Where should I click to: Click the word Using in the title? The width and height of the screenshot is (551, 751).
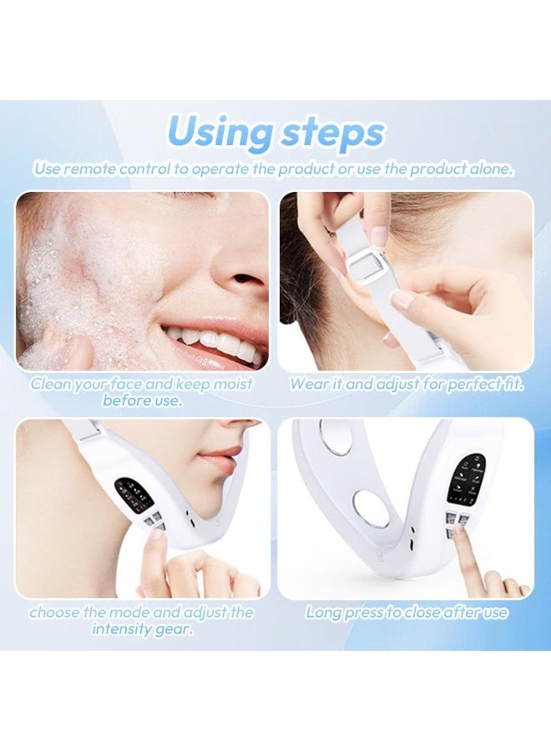(x=220, y=132)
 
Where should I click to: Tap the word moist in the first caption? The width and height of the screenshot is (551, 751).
(x=232, y=384)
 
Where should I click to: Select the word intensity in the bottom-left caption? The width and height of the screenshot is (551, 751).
(x=122, y=628)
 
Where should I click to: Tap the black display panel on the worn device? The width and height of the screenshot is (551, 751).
(x=134, y=493)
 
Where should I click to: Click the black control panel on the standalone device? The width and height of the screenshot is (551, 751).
(x=466, y=478)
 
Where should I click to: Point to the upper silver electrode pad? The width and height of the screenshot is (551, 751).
(x=338, y=436)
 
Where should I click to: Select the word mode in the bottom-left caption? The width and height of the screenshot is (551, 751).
(x=127, y=612)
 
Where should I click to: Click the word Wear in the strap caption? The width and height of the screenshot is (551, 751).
(x=307, y=384)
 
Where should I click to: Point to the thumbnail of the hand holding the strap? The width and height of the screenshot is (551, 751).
(x=402, y=300)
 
